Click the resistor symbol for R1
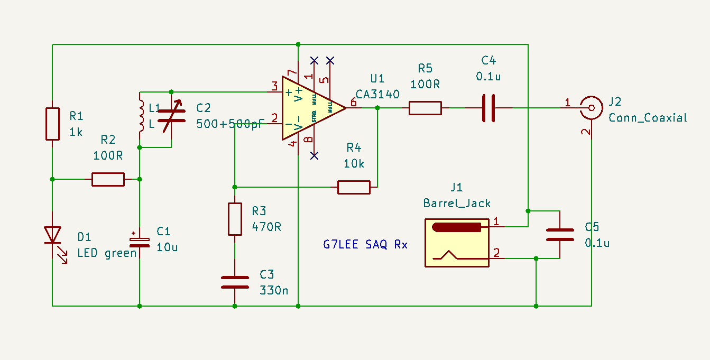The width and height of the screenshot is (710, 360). tap(52, 124)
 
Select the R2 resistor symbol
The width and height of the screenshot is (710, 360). tap(108, 179)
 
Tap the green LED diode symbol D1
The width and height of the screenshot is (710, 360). tap(53, 235)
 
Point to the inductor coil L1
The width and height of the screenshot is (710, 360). tap(141, 115)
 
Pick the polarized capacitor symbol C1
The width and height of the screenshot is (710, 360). tap(140, 242)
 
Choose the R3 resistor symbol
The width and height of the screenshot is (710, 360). tap(235, 219)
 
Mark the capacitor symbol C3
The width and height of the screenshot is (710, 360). tap(235, 282)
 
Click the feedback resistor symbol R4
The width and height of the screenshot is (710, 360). tap(354, 187)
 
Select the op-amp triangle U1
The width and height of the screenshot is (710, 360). tap(309, 108)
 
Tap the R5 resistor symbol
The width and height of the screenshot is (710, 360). tap(425, 108)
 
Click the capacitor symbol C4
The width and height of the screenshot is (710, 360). tap(488, 108)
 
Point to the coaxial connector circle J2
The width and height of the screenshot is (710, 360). tap(591, 108)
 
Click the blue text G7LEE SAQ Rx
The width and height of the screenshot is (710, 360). tap(365, 245)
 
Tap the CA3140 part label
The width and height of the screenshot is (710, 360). tap(377, 94)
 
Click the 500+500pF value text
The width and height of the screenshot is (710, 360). tap(230, 124)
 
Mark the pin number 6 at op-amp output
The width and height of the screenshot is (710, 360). tap(353, 103)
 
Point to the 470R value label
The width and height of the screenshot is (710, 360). tap(266, 227)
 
